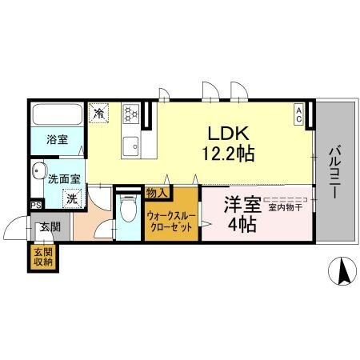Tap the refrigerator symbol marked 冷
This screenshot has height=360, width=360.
pos(100,113)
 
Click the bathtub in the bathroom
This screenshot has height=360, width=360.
pos(56,115)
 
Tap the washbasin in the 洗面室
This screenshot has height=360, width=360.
pos(40,170)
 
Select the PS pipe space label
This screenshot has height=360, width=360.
pos(34,205)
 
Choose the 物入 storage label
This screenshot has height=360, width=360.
pos(156,193)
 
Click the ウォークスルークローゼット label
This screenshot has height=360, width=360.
pos(171,221)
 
